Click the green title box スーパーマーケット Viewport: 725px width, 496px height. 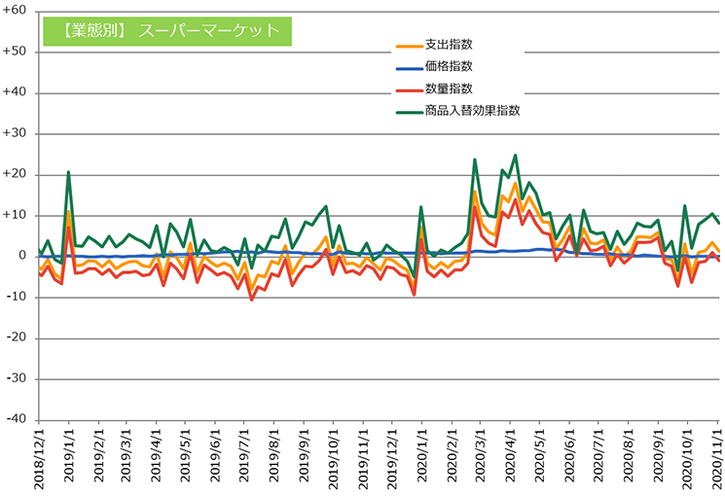coord(167,31)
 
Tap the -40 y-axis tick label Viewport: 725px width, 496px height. coord(16,420)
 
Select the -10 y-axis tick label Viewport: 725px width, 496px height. coord(16,298)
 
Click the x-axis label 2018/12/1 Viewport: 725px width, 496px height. coord(39,457)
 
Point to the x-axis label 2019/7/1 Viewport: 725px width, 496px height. coord(244,454)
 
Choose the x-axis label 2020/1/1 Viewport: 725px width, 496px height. coord(421,454)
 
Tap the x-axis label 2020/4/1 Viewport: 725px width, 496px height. coord(510,454)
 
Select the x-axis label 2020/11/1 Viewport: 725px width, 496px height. coord(717,457)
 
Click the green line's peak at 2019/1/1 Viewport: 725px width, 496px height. coord(68,172)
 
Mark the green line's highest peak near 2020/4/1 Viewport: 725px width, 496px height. coord(515,156)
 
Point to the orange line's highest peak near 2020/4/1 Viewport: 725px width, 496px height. coord(515,184)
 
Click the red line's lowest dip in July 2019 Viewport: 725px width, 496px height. coord(251,300)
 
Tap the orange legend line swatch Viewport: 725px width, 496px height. coord(410,47)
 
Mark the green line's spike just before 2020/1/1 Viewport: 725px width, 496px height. coord(421,206)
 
